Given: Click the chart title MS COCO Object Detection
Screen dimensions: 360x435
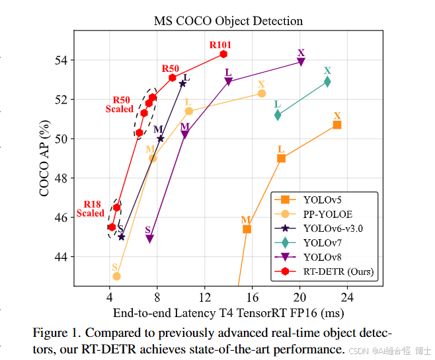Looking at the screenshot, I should tap(228, 21).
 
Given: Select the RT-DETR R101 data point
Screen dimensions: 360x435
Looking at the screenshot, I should tap(223, 54).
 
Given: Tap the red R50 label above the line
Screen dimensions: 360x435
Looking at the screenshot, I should tap(171, 69).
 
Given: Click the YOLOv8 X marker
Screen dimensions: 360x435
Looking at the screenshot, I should tap(301, 62).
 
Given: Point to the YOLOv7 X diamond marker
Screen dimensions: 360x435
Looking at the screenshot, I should tap(327, 82).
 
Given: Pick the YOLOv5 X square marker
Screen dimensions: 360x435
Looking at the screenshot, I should tap(337, 125).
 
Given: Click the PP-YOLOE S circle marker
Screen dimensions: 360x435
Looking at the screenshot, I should tap(116, 276).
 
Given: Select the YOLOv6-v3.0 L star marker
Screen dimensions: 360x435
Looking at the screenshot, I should tap(182, 83).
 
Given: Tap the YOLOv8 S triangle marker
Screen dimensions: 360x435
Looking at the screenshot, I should tap(150, 239).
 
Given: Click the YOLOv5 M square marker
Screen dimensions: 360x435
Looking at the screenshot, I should tap(247, 229).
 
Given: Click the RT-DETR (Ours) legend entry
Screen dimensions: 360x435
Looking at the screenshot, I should tap(338, 271).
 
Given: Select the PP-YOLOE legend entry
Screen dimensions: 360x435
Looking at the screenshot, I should tap(327, 213).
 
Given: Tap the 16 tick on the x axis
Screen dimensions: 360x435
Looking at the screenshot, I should tap(252, 297).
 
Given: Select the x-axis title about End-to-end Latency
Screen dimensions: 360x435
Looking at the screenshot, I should tap(229, 312).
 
